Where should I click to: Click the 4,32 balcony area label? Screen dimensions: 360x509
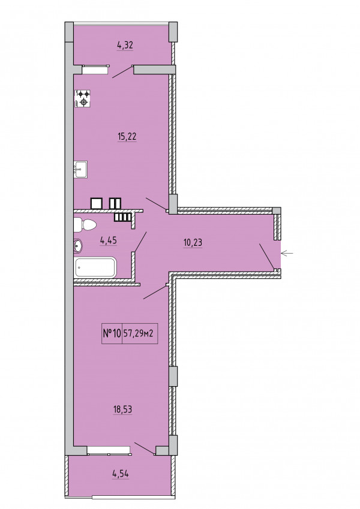tap(125, 45)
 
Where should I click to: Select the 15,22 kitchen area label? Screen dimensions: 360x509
tap(127, 137)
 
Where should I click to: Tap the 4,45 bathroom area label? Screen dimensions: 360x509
tap(109, 240)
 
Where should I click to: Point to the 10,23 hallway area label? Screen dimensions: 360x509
tap(193, 242)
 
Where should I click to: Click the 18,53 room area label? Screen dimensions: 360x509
tap(122, 409)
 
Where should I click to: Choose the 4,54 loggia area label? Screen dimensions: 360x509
tap(120, 473)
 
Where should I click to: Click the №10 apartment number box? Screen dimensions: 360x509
tap(112, 333)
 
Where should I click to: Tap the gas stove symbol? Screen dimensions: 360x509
tap(83, 98)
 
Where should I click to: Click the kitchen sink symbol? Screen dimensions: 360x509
tap(80, 170)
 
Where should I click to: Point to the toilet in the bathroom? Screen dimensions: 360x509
tap(85, 225)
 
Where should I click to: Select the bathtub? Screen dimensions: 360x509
tap(95, 267)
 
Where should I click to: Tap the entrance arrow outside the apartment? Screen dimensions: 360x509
tap(287, 253)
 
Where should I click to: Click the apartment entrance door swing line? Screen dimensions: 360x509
tap(267, 257)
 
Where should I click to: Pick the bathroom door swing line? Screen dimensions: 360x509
tap(140, 242)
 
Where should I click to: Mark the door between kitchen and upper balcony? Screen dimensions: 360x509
tap(122, 72)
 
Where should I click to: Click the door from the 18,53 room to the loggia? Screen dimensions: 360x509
tap(145, 448)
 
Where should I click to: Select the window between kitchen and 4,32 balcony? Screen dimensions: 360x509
tap(95, 70)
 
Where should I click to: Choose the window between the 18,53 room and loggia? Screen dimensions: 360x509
tap(109, 450)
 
